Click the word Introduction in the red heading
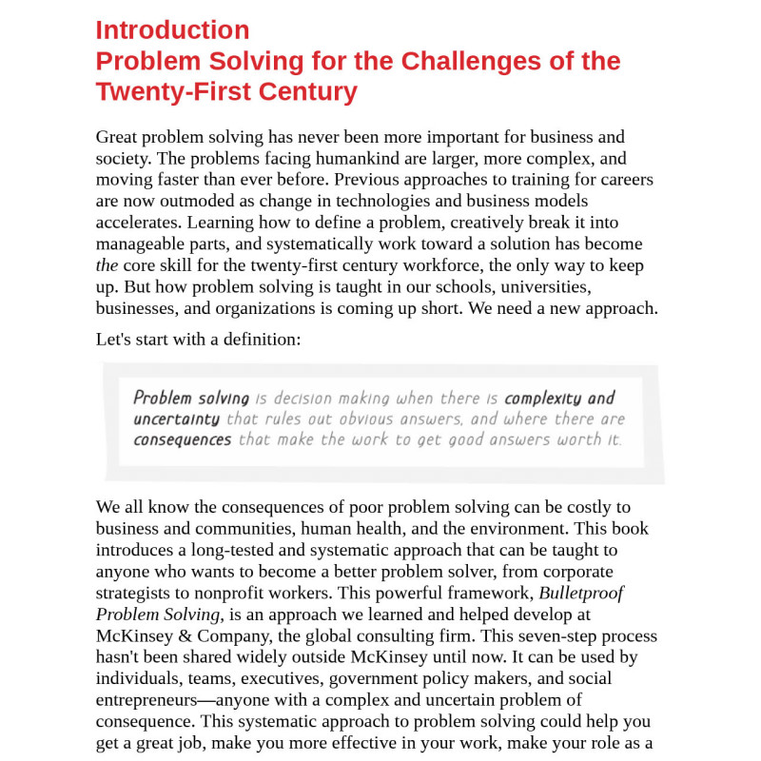172,30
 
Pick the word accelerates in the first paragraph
139,222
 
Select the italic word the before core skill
107,264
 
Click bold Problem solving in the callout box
191,399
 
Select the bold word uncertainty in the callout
177,420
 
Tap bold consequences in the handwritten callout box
182,439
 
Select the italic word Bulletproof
580,592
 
